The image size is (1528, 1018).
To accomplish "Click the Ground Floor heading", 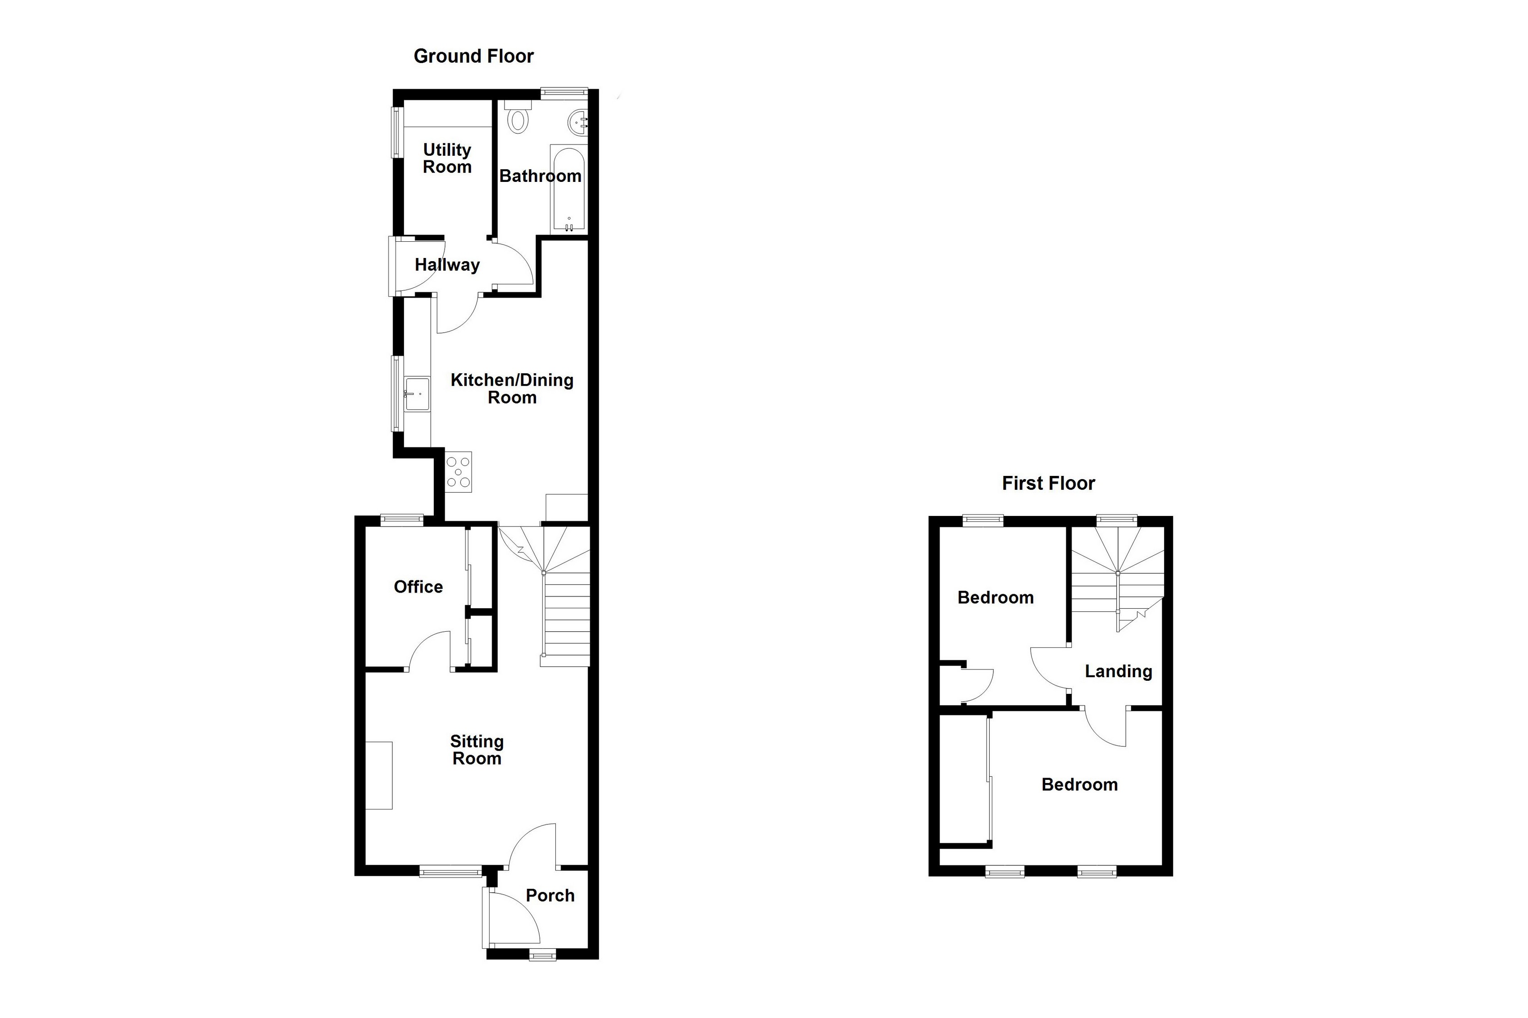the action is [473, 56].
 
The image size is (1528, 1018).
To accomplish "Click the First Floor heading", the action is [1048, 483].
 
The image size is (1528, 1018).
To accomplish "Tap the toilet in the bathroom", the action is [518, 117].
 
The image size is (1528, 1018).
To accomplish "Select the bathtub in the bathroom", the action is [568, 188].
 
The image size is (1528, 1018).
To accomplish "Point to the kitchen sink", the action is [417, 394].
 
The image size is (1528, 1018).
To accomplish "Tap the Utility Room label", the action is [447, 158].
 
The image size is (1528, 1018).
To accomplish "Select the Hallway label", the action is [447, 265].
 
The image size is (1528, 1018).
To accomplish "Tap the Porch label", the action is [550, 896].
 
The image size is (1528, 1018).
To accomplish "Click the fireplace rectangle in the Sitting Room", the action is [378, 775].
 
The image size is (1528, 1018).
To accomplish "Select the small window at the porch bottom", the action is [542, 955].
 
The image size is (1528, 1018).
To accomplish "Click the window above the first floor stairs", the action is [1117, 520].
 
